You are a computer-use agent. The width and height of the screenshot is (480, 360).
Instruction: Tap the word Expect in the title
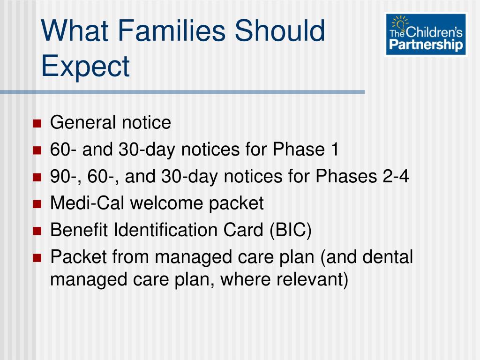pos(85,67)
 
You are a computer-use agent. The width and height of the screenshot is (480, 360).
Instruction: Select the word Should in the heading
pos(279,30)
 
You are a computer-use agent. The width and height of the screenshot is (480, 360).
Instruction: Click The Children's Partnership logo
pos(426,34)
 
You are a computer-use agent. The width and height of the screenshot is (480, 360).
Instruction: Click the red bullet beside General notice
pos(37,123)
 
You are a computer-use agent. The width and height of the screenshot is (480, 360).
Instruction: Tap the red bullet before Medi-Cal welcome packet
pos(37,204)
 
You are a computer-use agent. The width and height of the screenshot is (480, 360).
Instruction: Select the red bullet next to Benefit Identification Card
pos(37,231)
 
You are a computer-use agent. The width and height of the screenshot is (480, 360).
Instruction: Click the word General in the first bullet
pos(83,122)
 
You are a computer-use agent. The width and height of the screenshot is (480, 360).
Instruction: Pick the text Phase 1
pos(306,149)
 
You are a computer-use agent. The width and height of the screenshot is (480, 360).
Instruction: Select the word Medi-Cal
pos(87,203)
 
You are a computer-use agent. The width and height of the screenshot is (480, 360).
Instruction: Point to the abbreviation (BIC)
pos(291,230)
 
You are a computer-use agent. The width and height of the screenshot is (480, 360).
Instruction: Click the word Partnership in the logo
pos(426,45)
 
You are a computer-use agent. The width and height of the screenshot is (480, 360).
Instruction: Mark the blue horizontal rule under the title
pos(182,92)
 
